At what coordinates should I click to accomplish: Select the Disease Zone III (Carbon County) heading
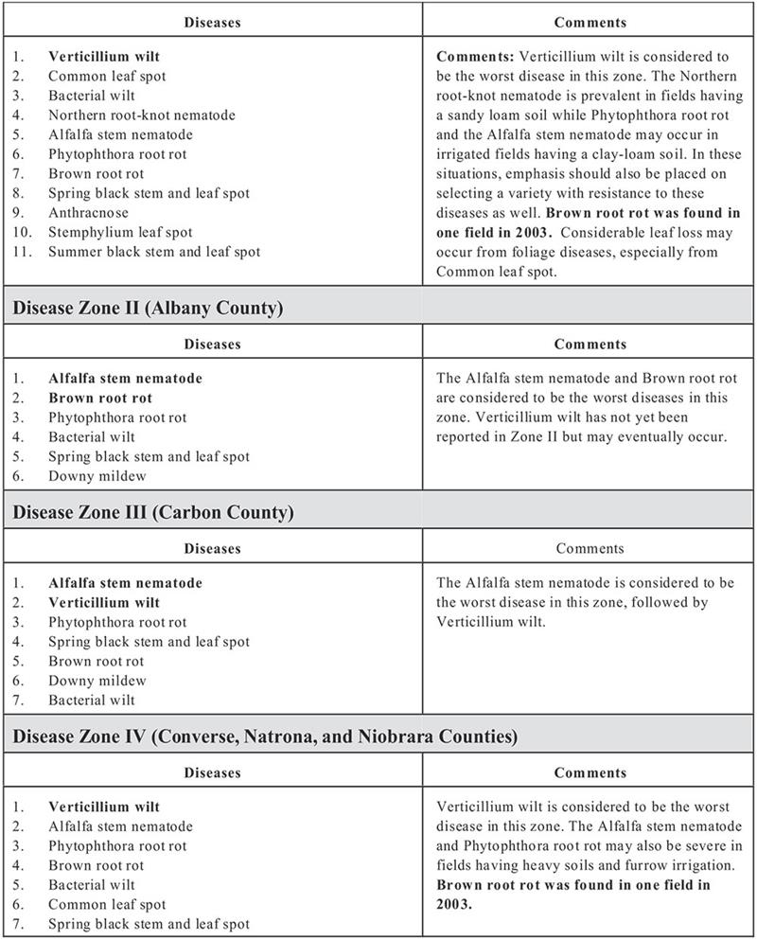click(x=153, y=513)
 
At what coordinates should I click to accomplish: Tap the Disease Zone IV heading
click(x=265, y=736)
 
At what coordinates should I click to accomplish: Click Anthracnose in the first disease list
click(x=88, y=213)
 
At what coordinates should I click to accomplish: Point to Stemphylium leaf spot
click(x=120, y=233)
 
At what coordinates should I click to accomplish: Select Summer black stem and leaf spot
click(x=154, y=252)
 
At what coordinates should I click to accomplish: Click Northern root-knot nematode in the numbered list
click(x=142, y=115)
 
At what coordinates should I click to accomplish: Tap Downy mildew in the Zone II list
click(x=97, y=476)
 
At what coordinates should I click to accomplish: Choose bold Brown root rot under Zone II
click(x=100, y=399)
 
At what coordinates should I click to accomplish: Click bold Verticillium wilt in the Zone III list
click(x=104, y=603)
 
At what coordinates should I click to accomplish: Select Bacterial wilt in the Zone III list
click(x=92, y=701)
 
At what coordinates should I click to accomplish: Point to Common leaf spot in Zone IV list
click(x=107, y=905)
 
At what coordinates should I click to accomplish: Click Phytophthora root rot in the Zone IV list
click(x=117, y=846)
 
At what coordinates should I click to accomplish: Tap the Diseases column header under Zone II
click(x=212, y=345)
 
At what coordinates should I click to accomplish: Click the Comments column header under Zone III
click(x=590, y=549)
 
